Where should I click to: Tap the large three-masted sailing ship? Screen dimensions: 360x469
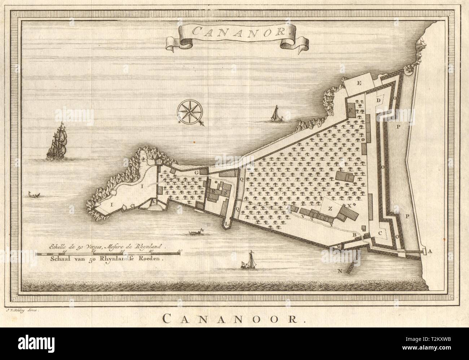56,142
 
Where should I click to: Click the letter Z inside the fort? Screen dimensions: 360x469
330,208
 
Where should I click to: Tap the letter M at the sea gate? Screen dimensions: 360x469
339,247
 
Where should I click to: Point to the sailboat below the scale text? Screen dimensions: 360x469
248,262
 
